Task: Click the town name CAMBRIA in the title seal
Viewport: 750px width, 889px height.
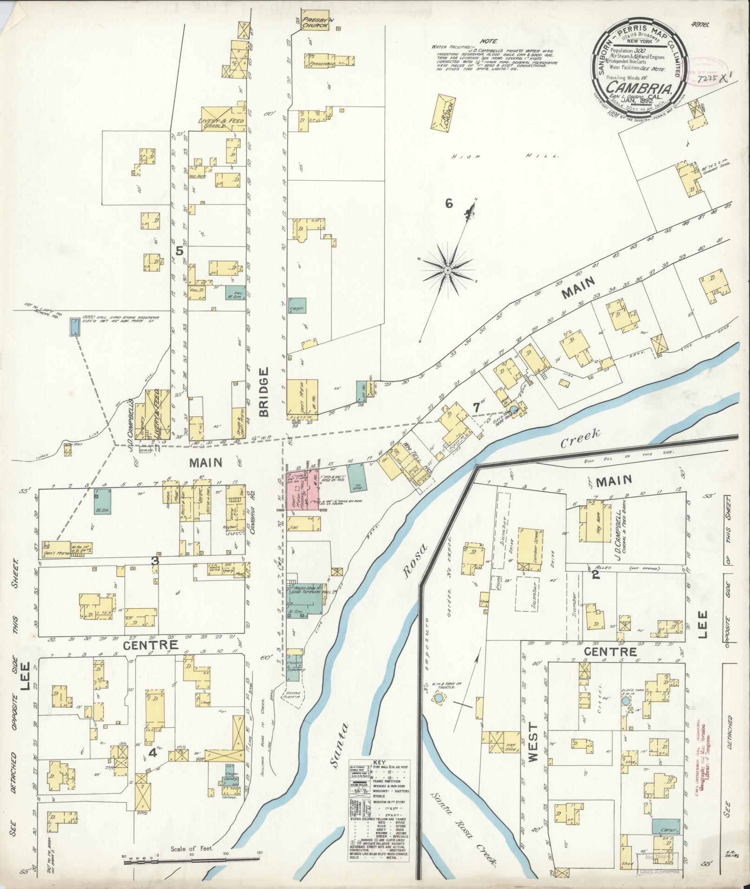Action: (638, 87)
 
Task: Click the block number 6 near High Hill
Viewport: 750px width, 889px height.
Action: (449, 204)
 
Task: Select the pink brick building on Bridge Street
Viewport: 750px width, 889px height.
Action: (303, 492)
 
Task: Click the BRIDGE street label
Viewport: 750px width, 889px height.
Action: (265, 392)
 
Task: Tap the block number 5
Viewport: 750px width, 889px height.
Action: (179, 250)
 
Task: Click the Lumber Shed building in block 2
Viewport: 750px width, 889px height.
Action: (528, 546)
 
